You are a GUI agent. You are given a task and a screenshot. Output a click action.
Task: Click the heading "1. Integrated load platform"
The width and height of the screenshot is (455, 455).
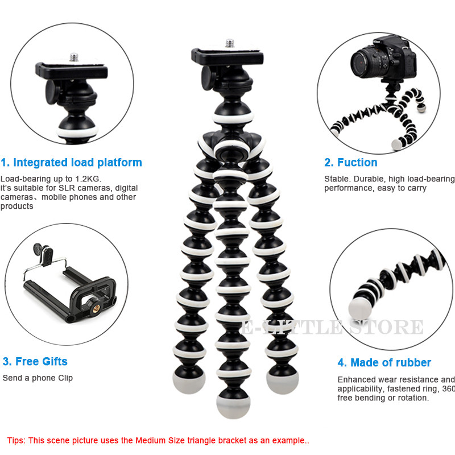tap(71, 163)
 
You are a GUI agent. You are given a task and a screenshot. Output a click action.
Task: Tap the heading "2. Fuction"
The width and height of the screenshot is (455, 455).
tap(350, 163)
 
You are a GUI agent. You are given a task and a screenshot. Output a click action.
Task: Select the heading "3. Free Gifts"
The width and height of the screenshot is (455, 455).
tap(35, 361)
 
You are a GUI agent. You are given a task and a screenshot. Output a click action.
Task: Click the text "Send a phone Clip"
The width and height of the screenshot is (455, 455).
tap(38, 378)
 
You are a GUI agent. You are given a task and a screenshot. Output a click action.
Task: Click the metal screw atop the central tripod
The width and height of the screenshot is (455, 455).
tap(230, 43)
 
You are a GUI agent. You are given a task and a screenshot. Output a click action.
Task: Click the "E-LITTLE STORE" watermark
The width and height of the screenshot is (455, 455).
tap(332, 328)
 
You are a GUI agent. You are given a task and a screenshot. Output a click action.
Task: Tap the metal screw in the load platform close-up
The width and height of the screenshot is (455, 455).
tap(73, 57)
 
